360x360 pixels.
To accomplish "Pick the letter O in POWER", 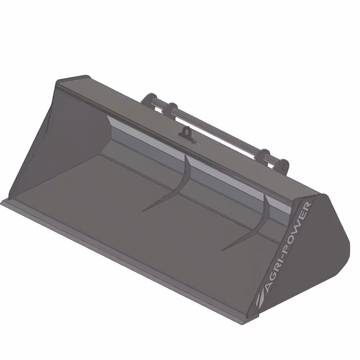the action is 291,237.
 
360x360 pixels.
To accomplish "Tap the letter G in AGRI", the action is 271,280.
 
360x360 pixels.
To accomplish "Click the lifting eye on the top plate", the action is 187,134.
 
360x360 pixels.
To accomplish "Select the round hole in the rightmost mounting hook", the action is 285,167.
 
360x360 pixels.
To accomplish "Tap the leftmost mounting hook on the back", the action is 148,101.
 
